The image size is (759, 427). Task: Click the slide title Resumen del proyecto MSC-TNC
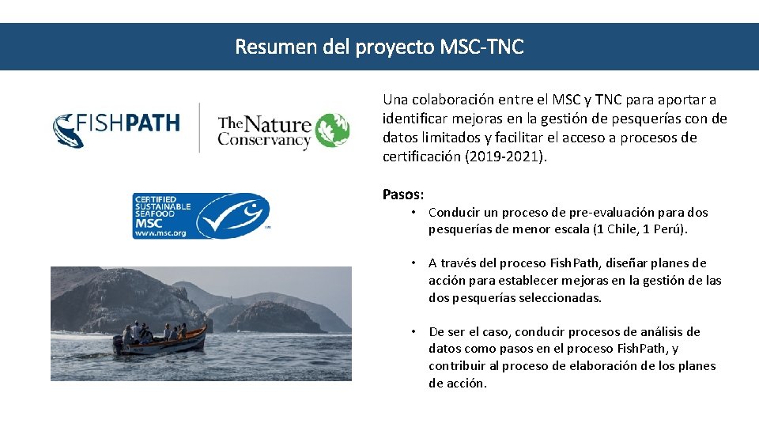point(379,47)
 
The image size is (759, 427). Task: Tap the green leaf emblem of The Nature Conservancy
point(332,130)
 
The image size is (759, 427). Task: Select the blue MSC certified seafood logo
point(201,215)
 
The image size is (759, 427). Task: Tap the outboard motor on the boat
point(119,345)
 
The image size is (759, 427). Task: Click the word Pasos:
point(403,195)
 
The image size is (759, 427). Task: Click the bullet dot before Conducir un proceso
point(413,213)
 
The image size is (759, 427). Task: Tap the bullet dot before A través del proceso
point(413,263)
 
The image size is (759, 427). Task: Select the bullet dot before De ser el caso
point(413,332)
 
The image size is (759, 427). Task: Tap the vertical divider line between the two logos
point(199,127)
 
